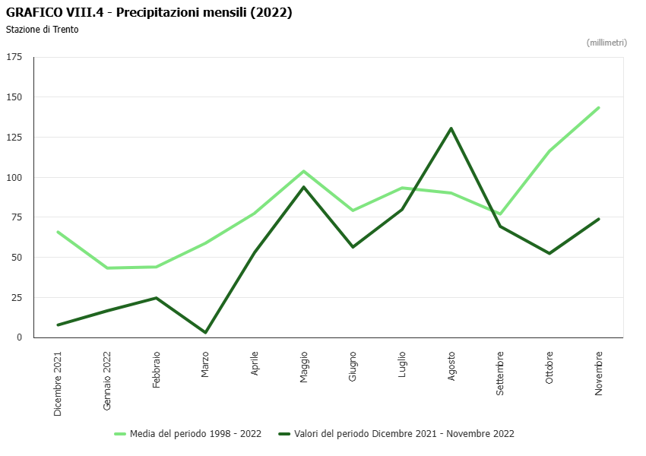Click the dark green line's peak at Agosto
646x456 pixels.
pos(451,128)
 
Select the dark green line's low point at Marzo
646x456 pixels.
pos(205,332)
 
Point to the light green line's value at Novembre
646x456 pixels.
pos(598,108)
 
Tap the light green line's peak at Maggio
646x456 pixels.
pos(303,171)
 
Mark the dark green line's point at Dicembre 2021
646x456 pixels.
pos(58,325)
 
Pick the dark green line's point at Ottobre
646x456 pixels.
pos(549,253)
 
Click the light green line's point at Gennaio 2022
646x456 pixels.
pos(107,268)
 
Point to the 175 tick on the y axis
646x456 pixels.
pos(14,57)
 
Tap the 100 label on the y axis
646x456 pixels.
pos(14,177)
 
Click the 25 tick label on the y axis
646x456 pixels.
pos(17,297)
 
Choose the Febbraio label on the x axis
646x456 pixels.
pos(157,369)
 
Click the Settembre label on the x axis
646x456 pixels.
pos(500,373)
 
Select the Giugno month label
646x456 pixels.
pos(353,366)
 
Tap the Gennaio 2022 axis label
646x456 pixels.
pos(107,381)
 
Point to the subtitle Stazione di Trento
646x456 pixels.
pos(42,30)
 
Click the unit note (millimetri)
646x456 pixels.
pos(606,43)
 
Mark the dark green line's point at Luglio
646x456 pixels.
pos(402,209)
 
